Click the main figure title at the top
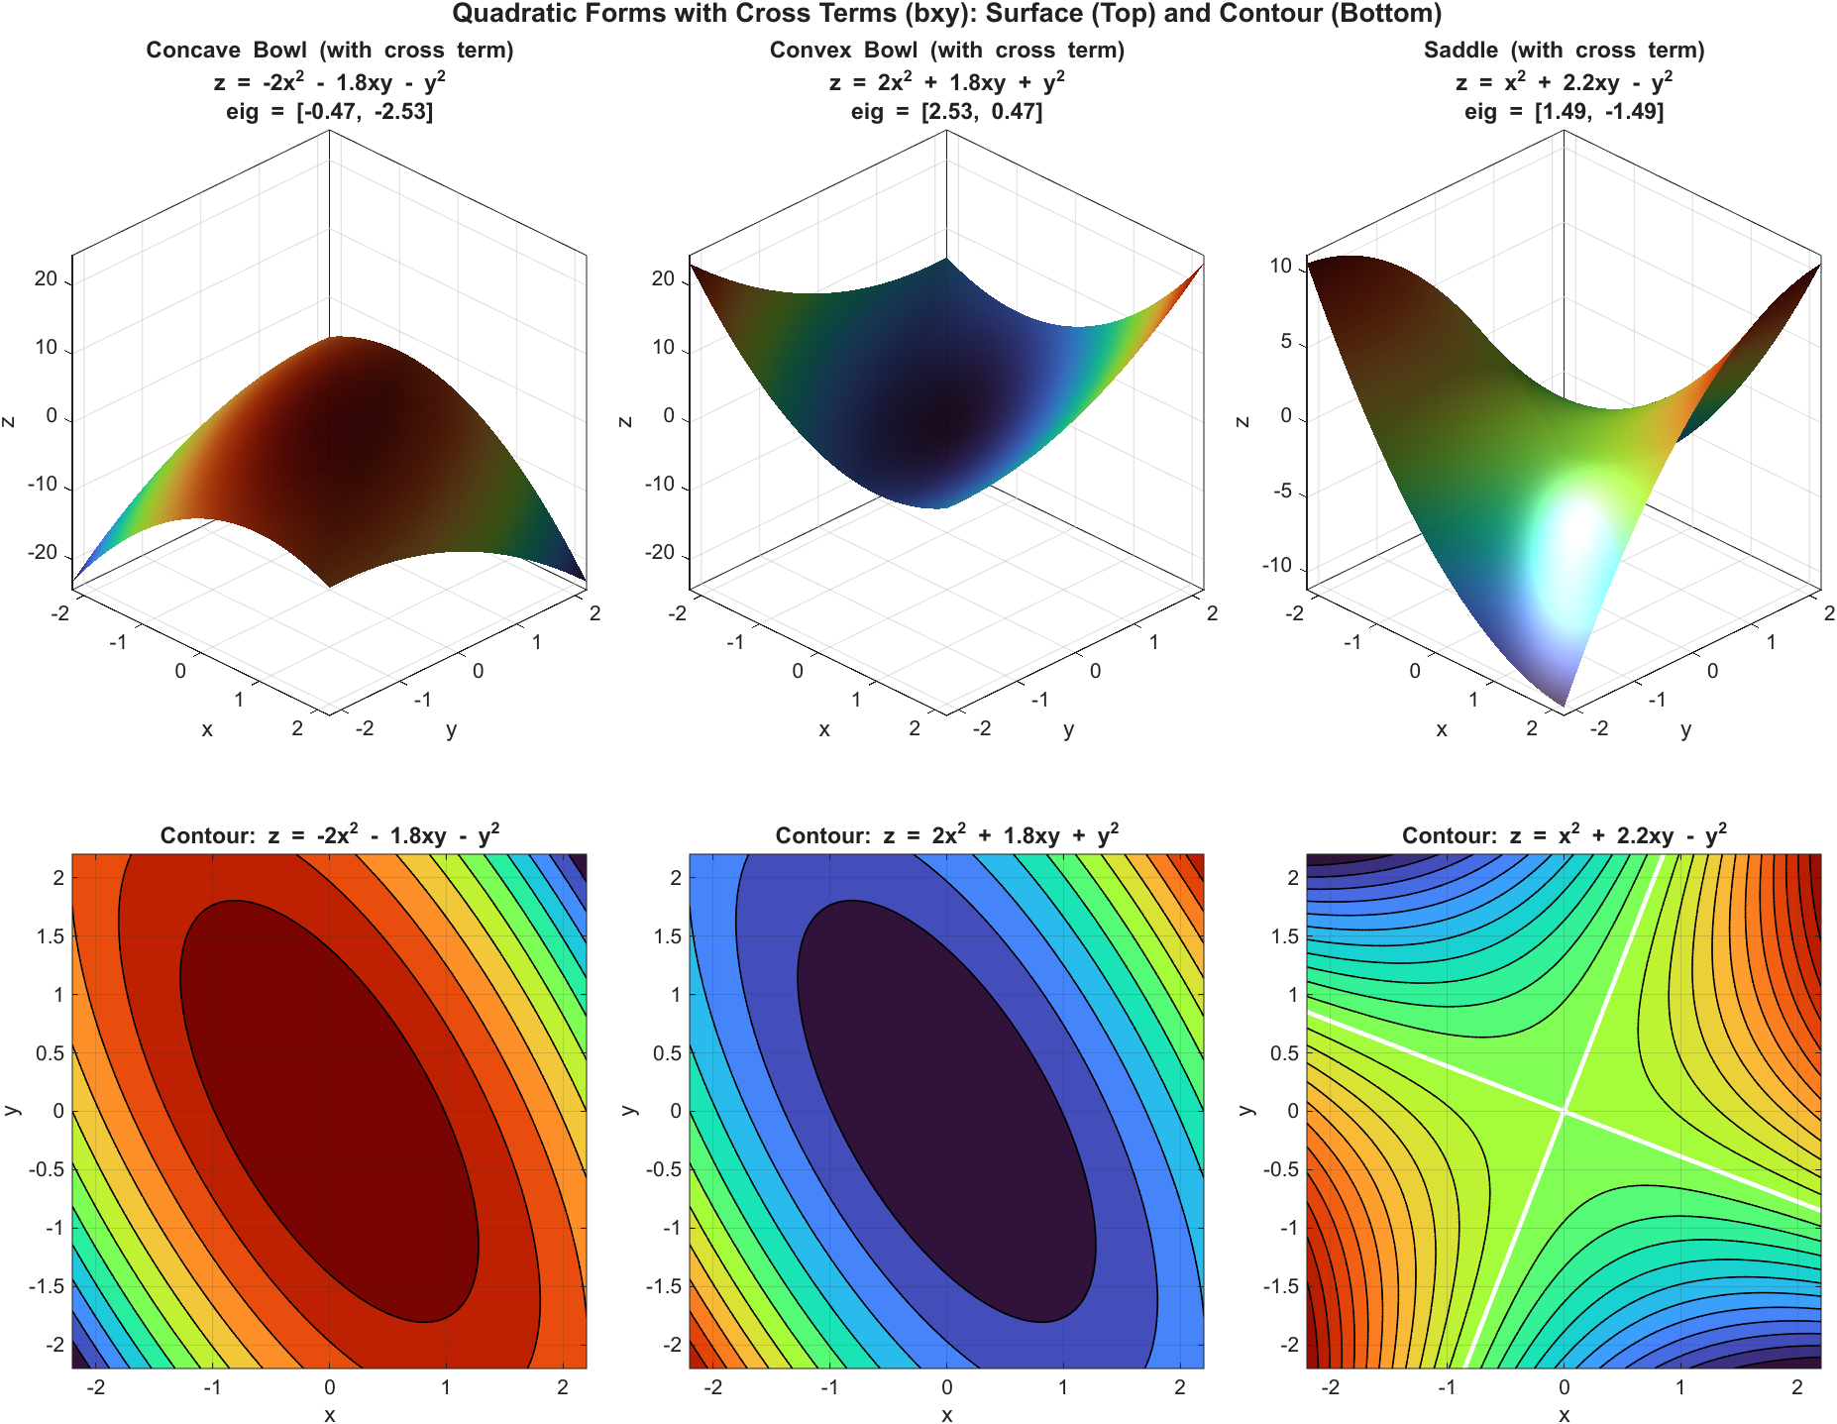pyautogui.click(x=946, y=14)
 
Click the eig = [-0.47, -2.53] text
pyautogui.click(x=329, y=111)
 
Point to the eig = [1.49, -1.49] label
pyautogui.click(x=1564, y=111)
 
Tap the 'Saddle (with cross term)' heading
pyautogui.click(x=1564, y=50)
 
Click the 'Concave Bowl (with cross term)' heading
pyautogui.click(x=329, y=50)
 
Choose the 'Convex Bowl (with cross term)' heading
pyautogui.click(x=946, y=50)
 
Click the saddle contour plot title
pyautogui.click(x=1564, y=835)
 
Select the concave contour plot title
pyautogui.click(x=329, y=835)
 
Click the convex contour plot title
pyautogui.click(x=946, y=835)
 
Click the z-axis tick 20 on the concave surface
pyautogui.click(x=47, y=278)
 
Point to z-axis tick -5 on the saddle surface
pyautogui.click(x=1284, y=491)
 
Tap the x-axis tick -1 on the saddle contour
pyautogui.click(x=1448, y=1387)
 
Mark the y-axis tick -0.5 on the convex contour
pyautogui.click(x=662, y=1169)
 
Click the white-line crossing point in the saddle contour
pyautogui.click(x=1564, y=1111)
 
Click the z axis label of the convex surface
pyautogui.click(x=625, y=420)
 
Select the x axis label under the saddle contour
pyautogui.click(x=1564, y=1415)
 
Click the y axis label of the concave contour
pyautogui.click(x=12, y=1111)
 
